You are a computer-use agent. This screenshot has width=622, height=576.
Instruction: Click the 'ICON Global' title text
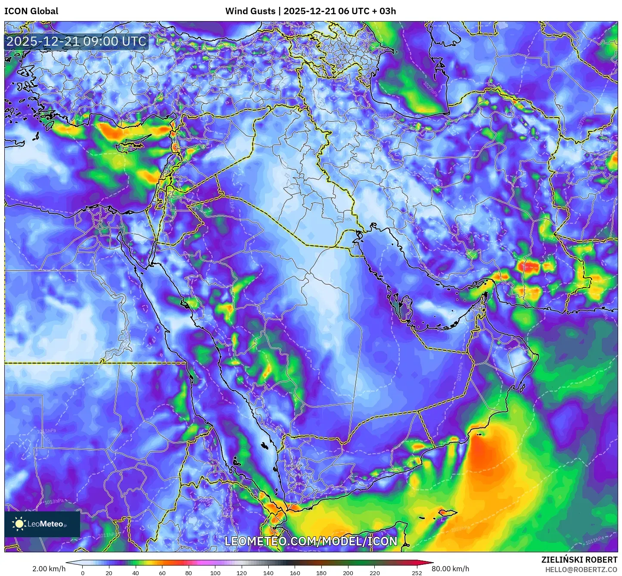click(31, 11)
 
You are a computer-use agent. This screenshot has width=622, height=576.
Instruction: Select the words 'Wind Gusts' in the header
click(250, 11)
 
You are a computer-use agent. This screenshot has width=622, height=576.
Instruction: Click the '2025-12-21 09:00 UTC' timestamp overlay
click(76, 41)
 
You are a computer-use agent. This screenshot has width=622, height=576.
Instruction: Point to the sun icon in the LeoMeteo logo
click(19, 524)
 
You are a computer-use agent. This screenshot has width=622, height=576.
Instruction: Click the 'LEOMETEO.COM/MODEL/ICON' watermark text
click(311, 541)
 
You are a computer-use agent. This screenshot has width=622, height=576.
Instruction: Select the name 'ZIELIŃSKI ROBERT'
click(579, 560)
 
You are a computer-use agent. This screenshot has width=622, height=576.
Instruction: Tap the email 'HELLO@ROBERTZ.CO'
click(581, 570)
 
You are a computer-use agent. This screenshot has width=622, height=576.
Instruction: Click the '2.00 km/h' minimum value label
click(49, 569)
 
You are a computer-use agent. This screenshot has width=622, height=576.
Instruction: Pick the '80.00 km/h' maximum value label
click(450, 569)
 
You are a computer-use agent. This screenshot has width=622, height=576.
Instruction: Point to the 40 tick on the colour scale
click(136, 573)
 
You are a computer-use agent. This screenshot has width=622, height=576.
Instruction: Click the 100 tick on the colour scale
click(215, 573)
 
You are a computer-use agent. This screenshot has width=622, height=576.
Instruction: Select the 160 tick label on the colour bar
click(295, 573)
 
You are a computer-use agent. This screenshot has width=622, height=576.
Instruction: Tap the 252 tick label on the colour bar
click(417, 573)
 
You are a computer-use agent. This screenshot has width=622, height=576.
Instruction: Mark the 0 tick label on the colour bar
click(83, 573)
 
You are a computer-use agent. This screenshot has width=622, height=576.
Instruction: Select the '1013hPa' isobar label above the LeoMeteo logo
click(54, 501)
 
